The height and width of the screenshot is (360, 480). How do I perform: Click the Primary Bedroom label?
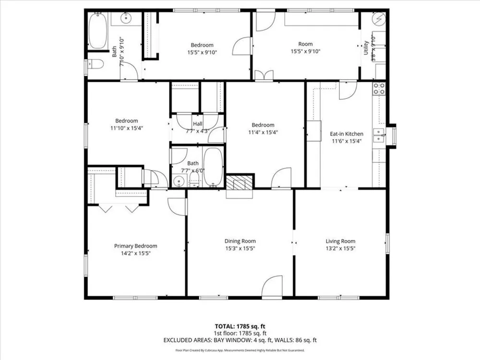(136, 246)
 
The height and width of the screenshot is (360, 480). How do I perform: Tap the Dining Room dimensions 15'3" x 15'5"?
(240, 249)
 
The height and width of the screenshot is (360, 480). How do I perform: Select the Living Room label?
(340, 241)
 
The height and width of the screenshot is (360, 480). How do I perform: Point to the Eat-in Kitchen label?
(347, 134)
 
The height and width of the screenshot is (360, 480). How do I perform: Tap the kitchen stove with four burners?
(379, 88)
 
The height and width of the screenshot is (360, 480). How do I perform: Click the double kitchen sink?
(379, 136)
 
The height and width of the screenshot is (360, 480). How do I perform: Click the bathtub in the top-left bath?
(98, 30)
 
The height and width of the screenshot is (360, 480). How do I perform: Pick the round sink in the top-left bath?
(126, 18)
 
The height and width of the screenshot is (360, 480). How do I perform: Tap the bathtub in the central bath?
(213, 167)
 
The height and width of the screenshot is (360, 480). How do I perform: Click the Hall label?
(198, 124)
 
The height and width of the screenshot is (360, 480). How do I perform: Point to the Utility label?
(366, 48)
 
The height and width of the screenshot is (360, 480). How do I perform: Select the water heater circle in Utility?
(379, 19)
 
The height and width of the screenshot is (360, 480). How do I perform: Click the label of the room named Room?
(305, 44)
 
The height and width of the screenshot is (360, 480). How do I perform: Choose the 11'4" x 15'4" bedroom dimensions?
(263, 132)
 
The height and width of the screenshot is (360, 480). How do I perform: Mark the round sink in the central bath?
(179, 181)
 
